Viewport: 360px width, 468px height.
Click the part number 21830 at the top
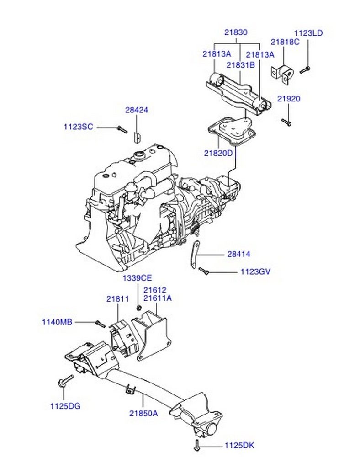click(x=236, y=33)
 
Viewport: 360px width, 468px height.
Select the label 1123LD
click(x=308, y=33)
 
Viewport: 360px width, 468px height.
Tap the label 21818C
click(x=285, y=42)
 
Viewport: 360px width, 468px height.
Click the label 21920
click(x=289, y=99)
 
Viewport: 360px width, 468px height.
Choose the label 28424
click(x=137, y=110)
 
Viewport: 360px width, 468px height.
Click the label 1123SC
click(x=78, y=127)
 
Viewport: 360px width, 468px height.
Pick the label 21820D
click(x=218, y=153)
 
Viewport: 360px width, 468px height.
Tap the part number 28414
click(x=239, y=254)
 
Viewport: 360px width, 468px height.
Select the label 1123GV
click(x=256, y=271)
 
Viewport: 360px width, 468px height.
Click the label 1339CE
click(x=137, y=278)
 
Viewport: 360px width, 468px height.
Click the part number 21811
click(x=118, y=298)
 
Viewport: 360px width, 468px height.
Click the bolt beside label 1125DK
click(x=197, y=445)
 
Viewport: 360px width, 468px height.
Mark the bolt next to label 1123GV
click(x=204, y=271)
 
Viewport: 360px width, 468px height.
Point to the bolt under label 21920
click(x=286, y=122)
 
